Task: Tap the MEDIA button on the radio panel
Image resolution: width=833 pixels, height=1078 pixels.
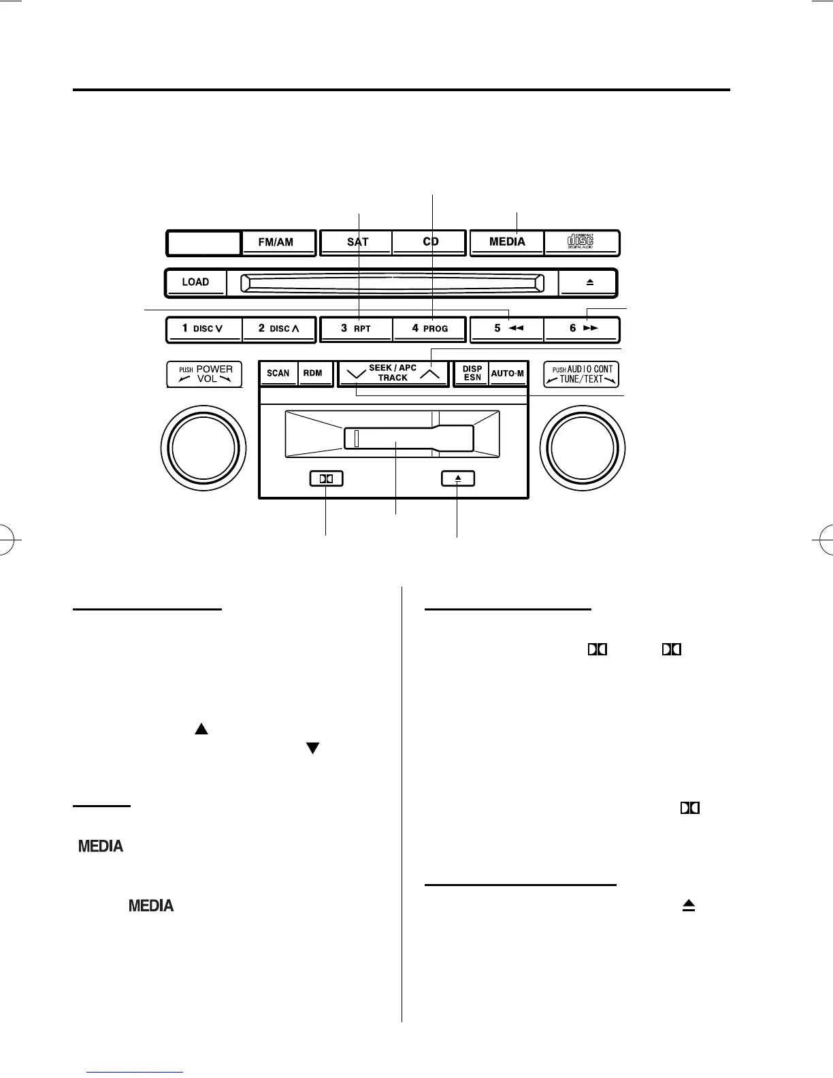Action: pyautogui.click(x=507, y=242)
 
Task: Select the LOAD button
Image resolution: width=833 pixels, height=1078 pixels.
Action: pyautogui.click(x=195, y=282)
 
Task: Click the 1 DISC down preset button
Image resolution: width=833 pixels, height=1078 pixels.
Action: pyautogui.click(x=203, y=329)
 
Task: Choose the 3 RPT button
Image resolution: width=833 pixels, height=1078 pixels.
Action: pyautogui.click(x=356, y=329)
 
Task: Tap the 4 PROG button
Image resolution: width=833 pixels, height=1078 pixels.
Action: pyautogui.click(x=430, y=329)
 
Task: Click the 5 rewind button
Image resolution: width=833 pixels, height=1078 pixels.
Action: pyautogui.click(x=507, y=329)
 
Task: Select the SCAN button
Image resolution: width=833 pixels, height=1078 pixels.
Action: pyautogui.click(x=278, y=374)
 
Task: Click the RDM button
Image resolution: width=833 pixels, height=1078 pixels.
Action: pyautogui.click(x=313, y=374)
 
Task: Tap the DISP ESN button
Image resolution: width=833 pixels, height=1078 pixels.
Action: pyautogui.click(x=472, y=374)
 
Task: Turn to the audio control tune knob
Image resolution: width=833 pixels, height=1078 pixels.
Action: pyautogui.click(x=583, y=447)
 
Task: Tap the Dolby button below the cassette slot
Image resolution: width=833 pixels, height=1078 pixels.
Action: pyautogui.click(x=326, y=478)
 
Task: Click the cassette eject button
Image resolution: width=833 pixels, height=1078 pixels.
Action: pyautogui.click(x=457, y=478)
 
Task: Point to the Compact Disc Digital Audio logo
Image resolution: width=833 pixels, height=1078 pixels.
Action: pyautogui.click(x=581, y=242)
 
